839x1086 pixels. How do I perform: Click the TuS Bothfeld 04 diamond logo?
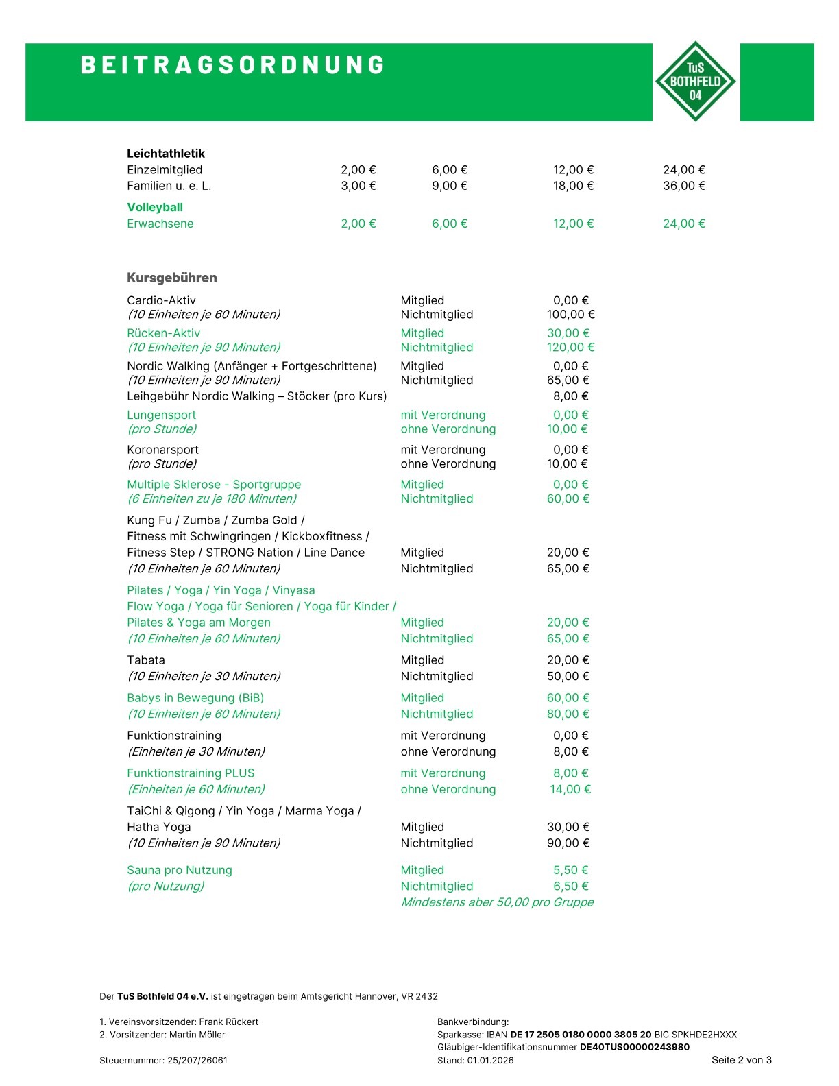click(x=695, y=82)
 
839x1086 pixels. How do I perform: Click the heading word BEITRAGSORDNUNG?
click(x=233, y=65)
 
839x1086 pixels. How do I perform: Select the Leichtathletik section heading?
click(x=166, y=154)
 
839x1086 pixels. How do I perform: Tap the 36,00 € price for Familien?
click(x=683, y=186)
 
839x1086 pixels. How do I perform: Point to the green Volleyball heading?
click(x=155, y=207)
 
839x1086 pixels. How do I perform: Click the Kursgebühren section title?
click(x=171, y=278)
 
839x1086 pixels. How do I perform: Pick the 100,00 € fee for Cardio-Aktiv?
click(x=570, y=315)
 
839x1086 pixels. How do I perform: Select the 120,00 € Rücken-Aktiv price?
click(x=570, y=348)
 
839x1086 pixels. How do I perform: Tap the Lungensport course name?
click(x=161, y=415)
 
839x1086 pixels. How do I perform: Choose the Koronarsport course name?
click(x=162, y=450)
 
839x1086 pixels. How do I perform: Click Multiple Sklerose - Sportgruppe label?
click(x=214, y=485)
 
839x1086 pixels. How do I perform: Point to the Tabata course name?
click(x=146, y=660)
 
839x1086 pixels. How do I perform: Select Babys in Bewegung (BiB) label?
click(x=195, y=698)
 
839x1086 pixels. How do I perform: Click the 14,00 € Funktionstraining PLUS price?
click(x=570, y=790)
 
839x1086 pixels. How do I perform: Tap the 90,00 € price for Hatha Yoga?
click(x=568, y=843)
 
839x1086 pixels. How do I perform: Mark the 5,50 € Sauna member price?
click(x=570, y=870)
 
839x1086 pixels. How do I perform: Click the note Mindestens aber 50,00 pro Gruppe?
click(x=497, y=902)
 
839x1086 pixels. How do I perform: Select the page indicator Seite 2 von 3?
click(x=741, y=1060)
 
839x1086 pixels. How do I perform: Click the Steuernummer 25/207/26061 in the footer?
click(x=163, y=1061)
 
